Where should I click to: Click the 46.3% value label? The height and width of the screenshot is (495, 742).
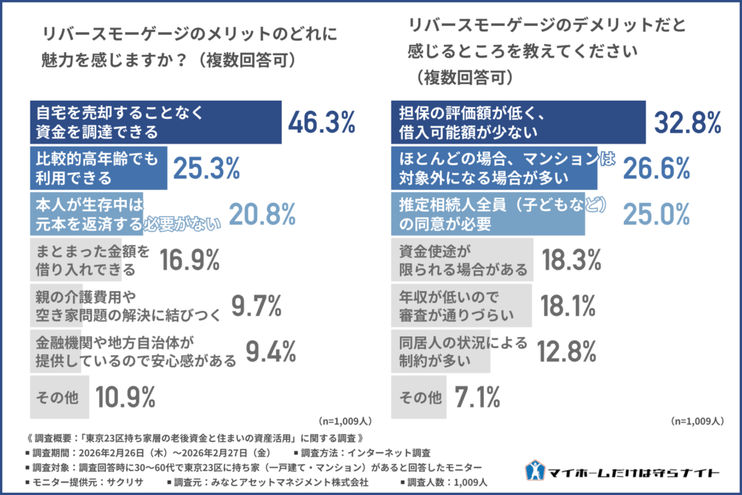[321, 122]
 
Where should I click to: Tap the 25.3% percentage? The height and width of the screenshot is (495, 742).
[207, 168]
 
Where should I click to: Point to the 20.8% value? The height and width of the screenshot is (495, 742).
[262, 214]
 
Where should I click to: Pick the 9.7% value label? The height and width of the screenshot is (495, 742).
[256, 307]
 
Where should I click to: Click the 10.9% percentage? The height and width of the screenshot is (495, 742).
[125, 396]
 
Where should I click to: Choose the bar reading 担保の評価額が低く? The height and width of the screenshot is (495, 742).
[517, 122]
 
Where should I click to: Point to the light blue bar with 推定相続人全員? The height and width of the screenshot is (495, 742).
[487, 214]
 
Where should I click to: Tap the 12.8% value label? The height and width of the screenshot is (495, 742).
[570, 352]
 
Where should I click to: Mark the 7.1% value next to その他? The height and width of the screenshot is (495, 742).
[478, 396]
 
